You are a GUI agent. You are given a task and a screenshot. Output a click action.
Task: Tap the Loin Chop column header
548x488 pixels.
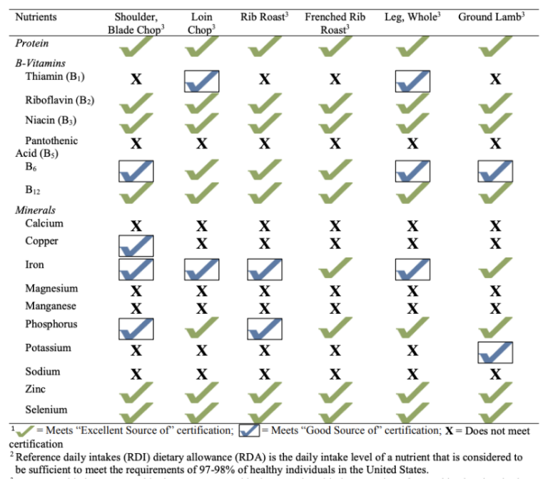tap(202, 22)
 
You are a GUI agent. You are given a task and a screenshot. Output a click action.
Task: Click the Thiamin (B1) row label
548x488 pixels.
tap(56, 77)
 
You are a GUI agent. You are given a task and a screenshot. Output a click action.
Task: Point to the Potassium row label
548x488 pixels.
tap(48, 348)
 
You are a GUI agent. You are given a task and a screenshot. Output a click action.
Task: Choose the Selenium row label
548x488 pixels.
tap(46, 410)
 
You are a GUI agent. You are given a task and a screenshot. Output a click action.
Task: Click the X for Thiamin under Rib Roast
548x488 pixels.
tap(265, 78)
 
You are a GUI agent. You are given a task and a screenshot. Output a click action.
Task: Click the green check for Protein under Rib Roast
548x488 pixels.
tap(265, 46)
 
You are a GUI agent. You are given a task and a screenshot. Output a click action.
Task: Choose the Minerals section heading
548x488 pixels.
tap(36, 210)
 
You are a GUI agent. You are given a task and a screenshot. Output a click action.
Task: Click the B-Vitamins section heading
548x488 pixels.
tap(41, 63)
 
